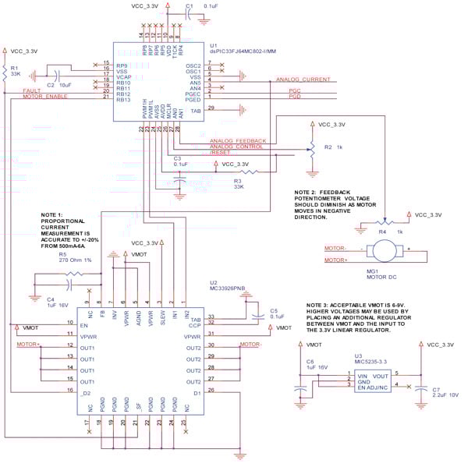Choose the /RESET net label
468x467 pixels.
[222, 152]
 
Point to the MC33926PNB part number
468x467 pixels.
[227, 288]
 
